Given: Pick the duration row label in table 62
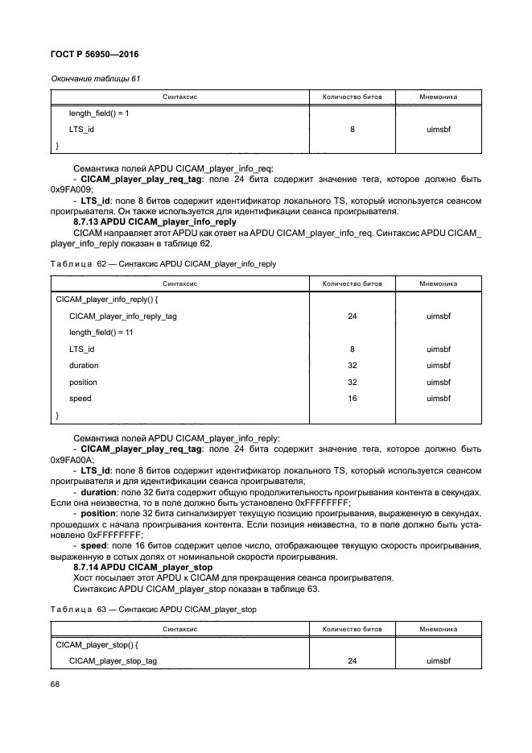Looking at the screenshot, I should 84,366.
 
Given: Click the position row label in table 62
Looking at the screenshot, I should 83,382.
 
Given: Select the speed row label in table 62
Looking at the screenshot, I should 80,398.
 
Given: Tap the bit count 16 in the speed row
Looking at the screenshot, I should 352,398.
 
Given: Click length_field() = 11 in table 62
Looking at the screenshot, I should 101,332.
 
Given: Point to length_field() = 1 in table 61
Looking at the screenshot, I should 99,113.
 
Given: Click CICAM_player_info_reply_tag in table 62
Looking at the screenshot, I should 123,316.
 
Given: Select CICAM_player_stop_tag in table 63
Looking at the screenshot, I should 113,660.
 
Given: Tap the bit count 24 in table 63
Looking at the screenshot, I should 352,660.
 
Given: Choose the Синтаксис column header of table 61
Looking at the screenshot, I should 180,97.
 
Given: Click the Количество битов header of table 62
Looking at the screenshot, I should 352,283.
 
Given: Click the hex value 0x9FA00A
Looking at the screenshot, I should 72,459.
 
